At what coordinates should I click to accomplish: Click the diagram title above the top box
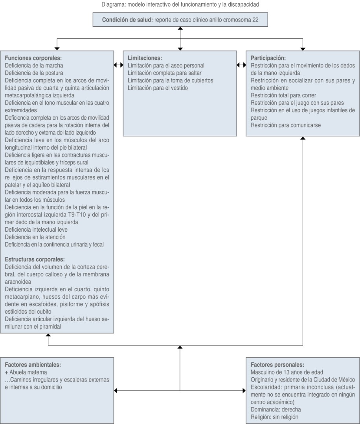coord(180,4)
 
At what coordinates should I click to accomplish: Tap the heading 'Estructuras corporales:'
coord(35,260)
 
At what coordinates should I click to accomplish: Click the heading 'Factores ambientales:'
coord(33,365)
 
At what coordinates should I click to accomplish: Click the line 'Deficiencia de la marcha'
coord(34,66)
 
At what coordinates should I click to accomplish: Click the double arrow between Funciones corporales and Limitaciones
coord(118,65)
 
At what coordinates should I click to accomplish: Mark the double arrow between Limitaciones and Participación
coord(241,65)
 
